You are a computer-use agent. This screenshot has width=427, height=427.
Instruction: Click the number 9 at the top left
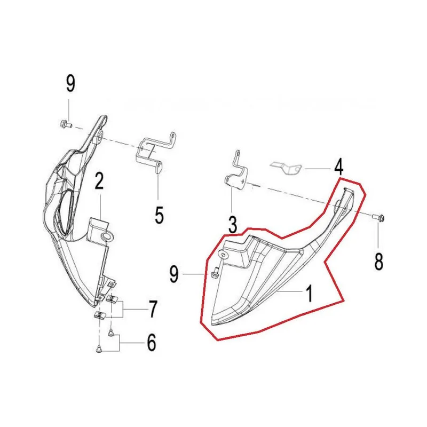(70, 84)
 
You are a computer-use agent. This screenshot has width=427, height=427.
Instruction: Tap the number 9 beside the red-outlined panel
(174, 274)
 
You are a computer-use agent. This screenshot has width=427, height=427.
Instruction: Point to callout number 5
(159, 215)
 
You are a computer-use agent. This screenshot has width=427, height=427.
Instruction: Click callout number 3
(232, 225)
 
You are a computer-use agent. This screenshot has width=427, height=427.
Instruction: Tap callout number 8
(379, 262)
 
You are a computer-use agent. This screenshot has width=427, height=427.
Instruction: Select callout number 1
(309, 294)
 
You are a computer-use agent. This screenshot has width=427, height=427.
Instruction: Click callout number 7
(153, 309)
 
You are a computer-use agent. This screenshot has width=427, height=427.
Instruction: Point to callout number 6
(152, 342)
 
